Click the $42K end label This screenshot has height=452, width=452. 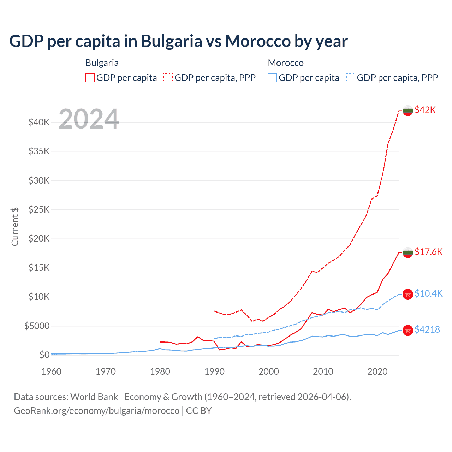(x=425, y=110)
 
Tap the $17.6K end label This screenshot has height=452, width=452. (x=428, y=252)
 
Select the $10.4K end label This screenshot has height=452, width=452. (x=428, y=293)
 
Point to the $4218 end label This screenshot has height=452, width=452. (x=427, y=329)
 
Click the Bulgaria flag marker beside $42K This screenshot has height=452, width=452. (x=408, y=111)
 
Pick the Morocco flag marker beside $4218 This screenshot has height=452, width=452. (x=408, y=330)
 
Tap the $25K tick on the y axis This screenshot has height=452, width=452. (x=39, y=210)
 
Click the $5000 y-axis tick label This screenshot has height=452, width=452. (x=37, y=326)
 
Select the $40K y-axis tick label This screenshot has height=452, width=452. (x=39, y=123)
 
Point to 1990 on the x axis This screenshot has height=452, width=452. (x=214, y=371)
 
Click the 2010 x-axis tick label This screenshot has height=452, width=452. (x=323, y=371)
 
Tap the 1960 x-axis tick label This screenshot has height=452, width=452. (x=52, y=371)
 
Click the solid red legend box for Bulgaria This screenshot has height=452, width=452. (x=90, y=78)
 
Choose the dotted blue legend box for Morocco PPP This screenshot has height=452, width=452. (x=351, y=78)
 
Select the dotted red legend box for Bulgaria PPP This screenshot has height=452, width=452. (x=168, y=78)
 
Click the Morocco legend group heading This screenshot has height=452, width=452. (x=286, y=63)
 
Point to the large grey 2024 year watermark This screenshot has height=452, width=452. (x=89, y=119)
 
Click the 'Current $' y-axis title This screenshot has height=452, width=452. (x=15, y=226)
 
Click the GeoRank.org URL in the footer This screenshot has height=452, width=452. (x=96, y=411)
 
